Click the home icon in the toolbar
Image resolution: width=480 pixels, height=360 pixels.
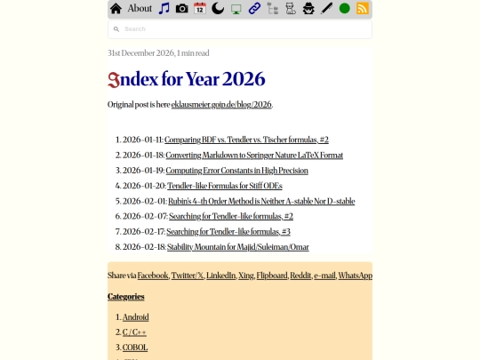(x=116, y=9)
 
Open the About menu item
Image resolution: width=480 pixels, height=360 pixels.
(x=140, y=9)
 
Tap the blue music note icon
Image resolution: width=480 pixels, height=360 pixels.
(x=164, y=9)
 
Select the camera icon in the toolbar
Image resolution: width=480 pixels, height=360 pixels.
(x=181, y=9)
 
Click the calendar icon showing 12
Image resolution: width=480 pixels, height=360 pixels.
(x=200, y=9)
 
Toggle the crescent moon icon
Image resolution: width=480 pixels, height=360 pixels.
(x=218, y=9)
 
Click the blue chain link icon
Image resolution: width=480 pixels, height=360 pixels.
(x=254, y=9)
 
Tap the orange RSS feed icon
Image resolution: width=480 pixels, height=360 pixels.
(x=363, y=9)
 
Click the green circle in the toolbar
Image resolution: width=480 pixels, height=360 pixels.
(x=345, y=9)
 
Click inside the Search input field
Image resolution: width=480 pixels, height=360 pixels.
(x=240, y=29)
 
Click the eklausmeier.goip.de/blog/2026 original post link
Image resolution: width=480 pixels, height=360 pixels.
(x=221, y=105)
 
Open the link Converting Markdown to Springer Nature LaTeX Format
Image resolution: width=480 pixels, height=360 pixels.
(x=254, y=156)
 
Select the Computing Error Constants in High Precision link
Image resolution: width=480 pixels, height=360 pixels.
(x=236, y=171)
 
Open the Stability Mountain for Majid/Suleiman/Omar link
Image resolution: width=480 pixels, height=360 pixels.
(x=237, y=247)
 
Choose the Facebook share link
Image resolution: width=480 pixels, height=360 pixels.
(x=153, y=276)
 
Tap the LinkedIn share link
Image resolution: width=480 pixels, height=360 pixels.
(x=220, y=276)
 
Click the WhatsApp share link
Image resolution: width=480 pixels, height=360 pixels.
(x=355, y=276)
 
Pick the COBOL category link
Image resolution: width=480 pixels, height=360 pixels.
(x=135, y=348)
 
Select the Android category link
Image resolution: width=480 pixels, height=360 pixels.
(x=135, y=317)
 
